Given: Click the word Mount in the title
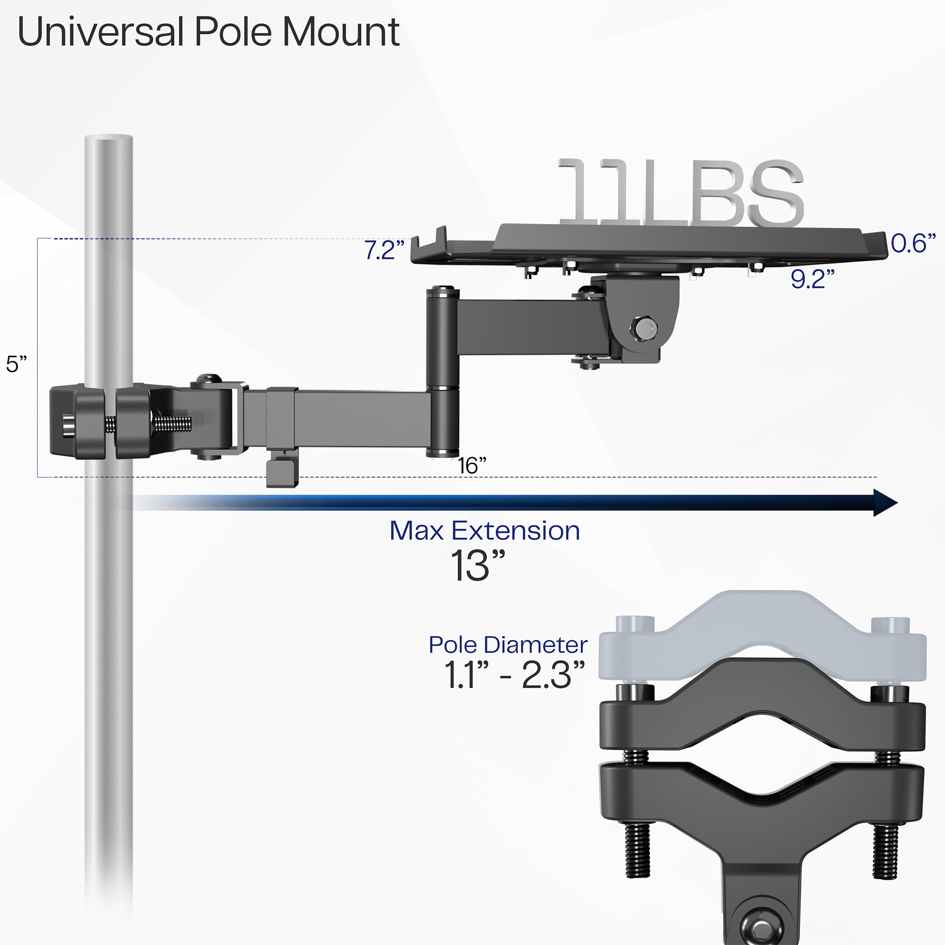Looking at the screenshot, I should [342, 32].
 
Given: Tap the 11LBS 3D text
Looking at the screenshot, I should [680, 193].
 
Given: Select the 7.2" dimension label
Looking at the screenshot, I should [384, 250].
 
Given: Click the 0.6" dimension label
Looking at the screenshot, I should [913, 243].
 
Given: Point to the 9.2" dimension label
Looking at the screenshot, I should [812, 279].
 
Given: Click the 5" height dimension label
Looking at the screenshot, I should [16, 364].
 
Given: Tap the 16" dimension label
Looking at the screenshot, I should [471, 465].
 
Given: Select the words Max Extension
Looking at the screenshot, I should [484, 531].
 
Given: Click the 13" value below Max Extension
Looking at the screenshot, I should [476, 566].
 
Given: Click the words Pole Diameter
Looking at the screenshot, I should [508, 644].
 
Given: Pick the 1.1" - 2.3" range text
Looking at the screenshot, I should [514, 676].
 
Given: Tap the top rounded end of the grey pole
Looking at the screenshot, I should [108, 139].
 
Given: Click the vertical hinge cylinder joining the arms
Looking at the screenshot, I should [442, 372].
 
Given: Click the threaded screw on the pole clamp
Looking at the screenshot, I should [171, 421].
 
